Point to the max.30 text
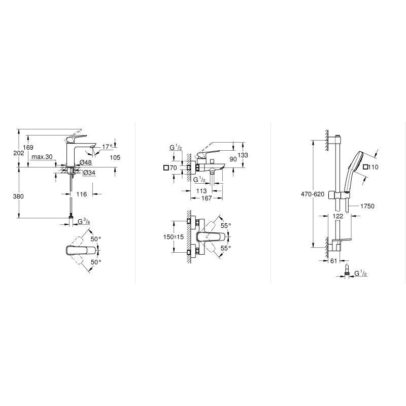42,157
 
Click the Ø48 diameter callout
86,163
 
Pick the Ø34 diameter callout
89,173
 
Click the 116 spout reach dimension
82,194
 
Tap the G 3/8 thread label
84,221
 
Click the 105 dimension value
115,157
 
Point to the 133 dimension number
243,155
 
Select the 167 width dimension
206,198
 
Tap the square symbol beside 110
365,166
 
